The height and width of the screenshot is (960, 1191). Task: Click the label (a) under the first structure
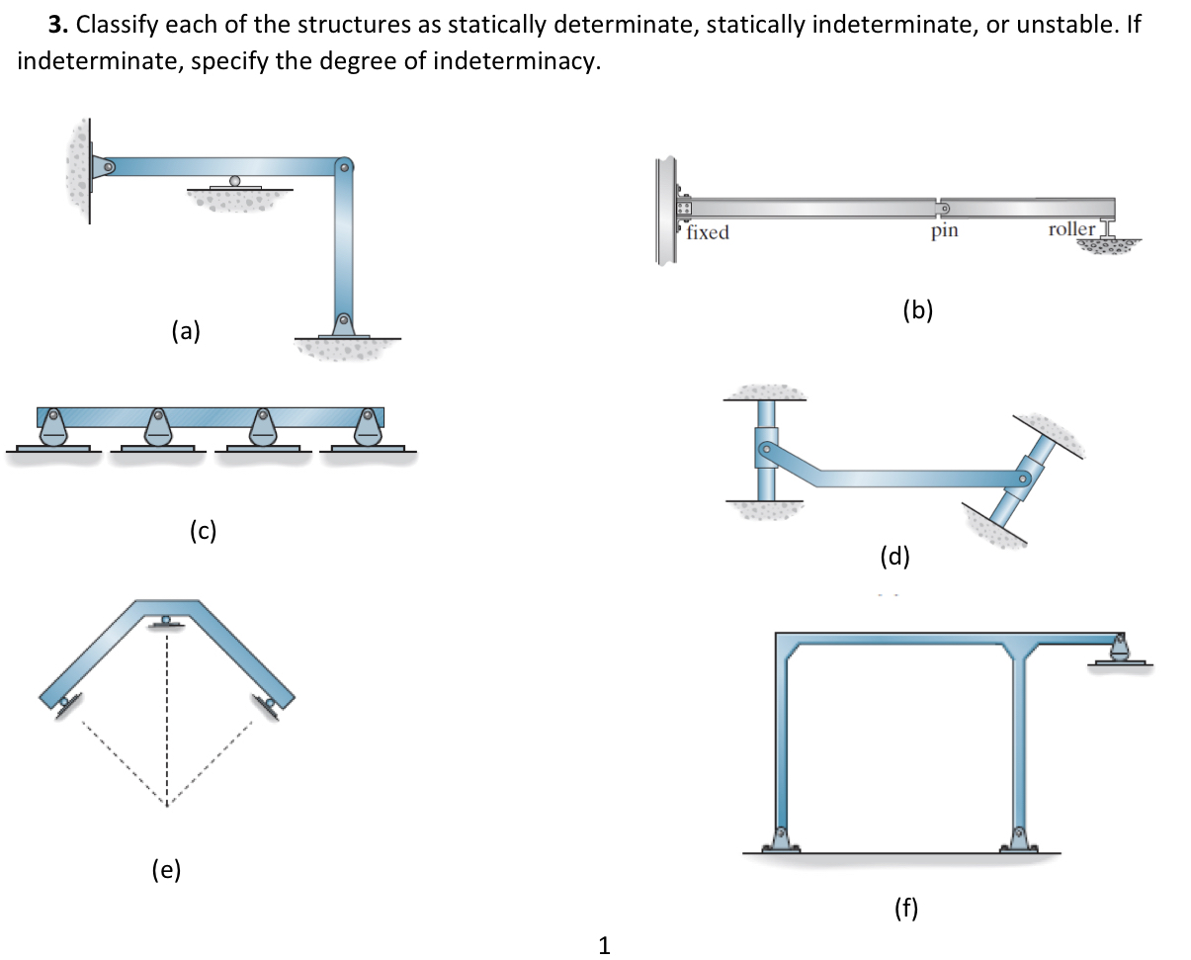[x=186, y=331]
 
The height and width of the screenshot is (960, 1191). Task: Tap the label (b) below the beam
[x=918, y=310]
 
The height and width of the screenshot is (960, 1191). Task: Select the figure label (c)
[x=203, y=531]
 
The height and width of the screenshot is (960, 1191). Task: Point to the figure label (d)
[x=894, y=557]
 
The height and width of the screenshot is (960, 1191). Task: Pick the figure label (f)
[x=904, y=908]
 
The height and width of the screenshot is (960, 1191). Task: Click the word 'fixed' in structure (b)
[x=709, y=233]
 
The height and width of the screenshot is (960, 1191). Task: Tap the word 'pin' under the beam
[x=944, y=232]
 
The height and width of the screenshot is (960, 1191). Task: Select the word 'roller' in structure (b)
[x=1071, y=229]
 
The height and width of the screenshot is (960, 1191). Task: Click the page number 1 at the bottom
[x=605, y=945]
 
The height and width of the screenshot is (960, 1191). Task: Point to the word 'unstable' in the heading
[x=1074, y=25]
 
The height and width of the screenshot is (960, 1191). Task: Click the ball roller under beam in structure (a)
[x=234, y=181]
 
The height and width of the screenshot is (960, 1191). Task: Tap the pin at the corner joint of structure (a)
[x=344, y=166]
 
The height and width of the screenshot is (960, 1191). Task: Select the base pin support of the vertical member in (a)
[x=344, y=322]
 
